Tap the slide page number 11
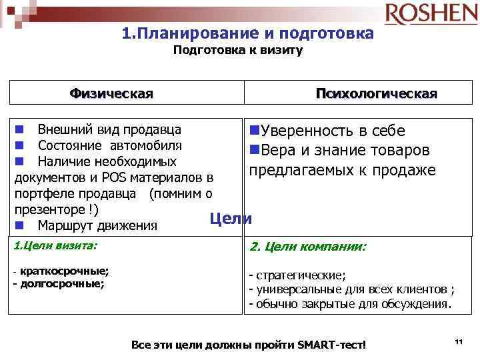click(458, 341)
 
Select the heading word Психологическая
click(377, 93)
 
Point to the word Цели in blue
click(231, 218)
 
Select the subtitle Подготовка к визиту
click(238, 51)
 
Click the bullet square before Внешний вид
click(22, 129)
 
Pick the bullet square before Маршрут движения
click(22, 224)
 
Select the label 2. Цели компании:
click(307, 247)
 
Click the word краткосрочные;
click(64, 272)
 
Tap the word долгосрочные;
click(62, 283)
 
